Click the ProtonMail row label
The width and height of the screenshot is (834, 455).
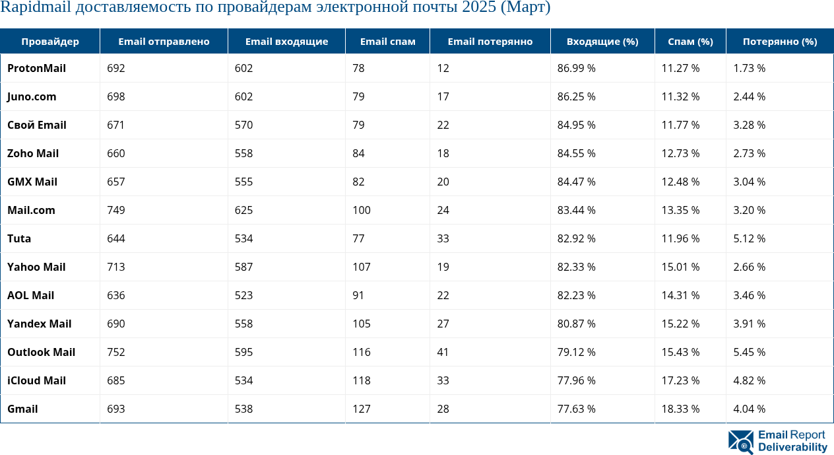36,68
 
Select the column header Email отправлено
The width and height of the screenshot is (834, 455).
164,41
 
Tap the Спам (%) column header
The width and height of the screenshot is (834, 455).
690,41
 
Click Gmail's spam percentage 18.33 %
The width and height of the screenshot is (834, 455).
680,409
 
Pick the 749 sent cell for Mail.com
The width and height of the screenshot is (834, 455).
116,210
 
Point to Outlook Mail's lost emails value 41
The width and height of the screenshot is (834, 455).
443,352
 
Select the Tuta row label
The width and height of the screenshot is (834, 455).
19,238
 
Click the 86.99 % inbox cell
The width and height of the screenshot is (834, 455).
576,68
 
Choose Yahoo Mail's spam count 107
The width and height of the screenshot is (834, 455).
362,267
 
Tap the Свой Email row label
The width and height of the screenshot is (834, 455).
37,125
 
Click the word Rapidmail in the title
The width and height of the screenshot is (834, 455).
32,8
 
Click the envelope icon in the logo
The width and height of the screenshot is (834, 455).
741,442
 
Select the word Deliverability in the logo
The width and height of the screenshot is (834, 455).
792,448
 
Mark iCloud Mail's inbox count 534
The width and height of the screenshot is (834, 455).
244,380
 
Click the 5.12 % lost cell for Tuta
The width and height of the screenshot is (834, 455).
749,238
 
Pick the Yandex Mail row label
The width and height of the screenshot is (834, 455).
39,324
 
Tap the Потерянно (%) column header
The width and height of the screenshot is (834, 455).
780,41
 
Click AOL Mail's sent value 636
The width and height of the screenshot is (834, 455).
116,295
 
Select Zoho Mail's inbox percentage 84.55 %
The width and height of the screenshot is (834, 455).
576,153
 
